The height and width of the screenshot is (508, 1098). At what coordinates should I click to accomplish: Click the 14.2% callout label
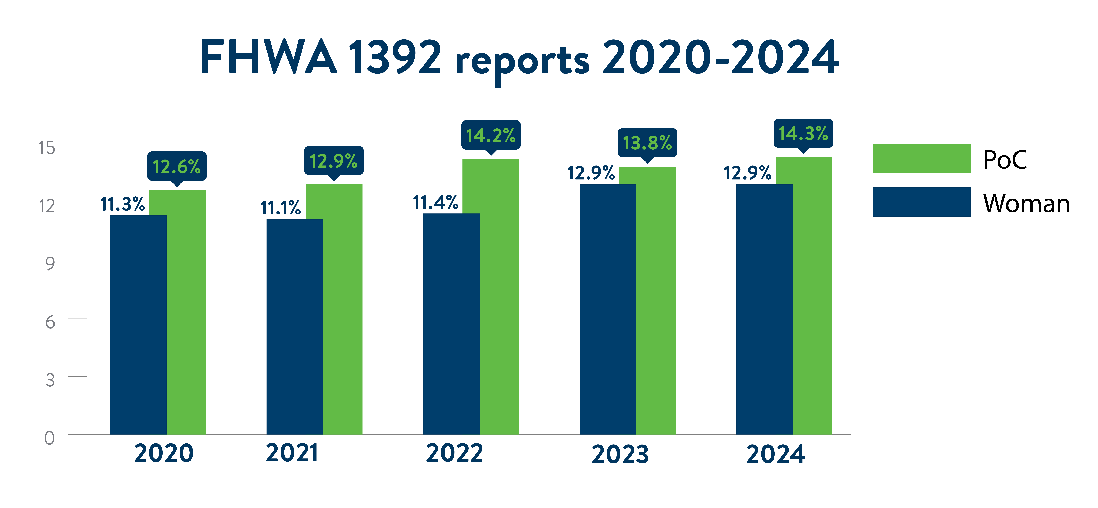point(491,135)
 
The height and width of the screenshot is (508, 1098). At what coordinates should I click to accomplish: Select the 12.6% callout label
point(177,167)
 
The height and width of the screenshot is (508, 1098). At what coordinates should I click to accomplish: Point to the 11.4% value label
point(436,203)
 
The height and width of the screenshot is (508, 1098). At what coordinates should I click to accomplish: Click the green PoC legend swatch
point(921,158)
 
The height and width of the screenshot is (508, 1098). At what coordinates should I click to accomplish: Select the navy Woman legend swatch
point(921,202)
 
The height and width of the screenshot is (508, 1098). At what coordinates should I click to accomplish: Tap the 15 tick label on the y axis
point(47,148)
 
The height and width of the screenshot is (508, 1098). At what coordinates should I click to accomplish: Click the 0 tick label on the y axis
point(49,438)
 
